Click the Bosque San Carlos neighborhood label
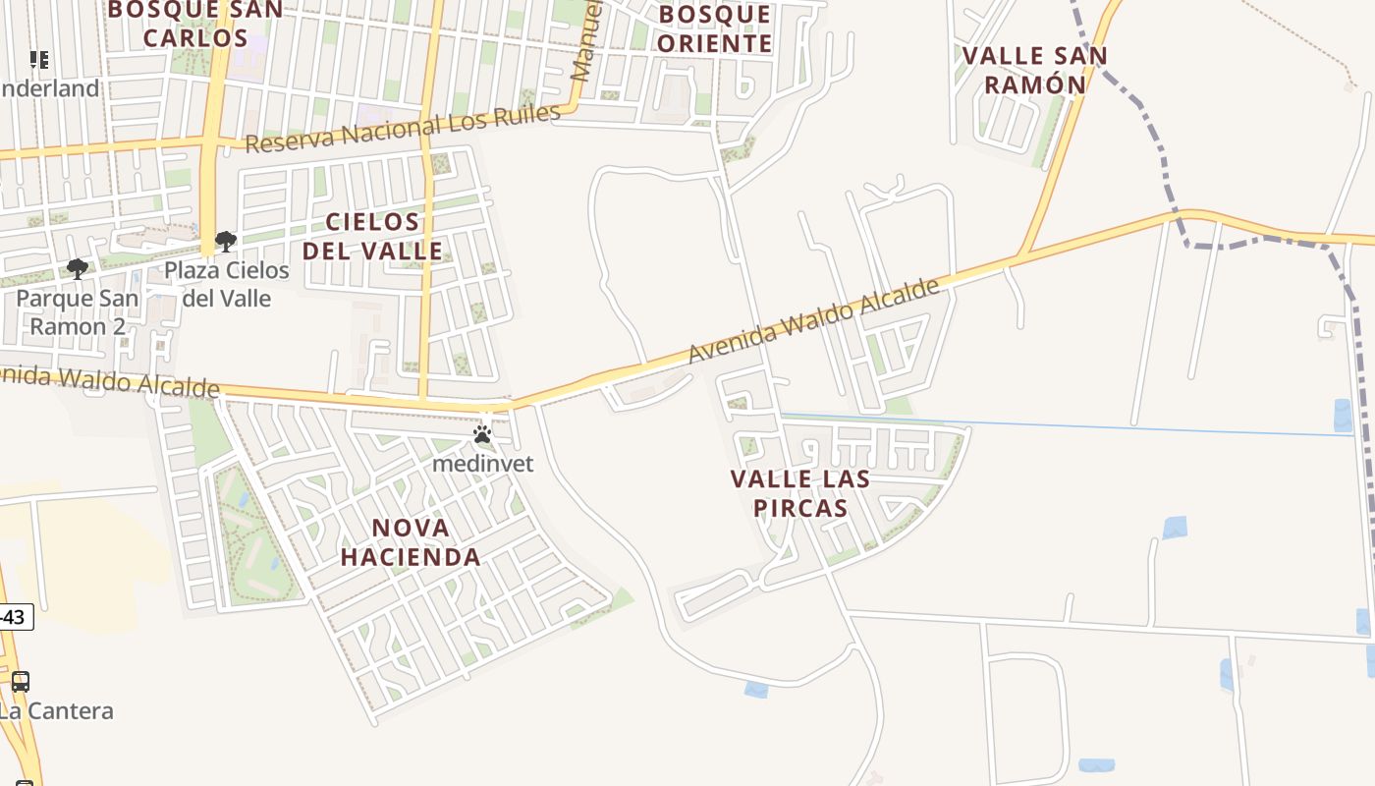click(x=195, y=24)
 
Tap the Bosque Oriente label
click(x=715, y=28)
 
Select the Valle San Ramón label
click(x=1034, y=70)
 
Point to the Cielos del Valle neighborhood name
click(x=373, y=236)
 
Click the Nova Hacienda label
click(x=411, y=542)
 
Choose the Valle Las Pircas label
click(x=800, y=493)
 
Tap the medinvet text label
click(x=483, y=463)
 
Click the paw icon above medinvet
click(x=482, y=434)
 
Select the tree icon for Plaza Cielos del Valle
click(x=226, y=241)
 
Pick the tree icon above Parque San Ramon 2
click(x=78, y=268)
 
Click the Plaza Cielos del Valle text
click(x=227, y=284)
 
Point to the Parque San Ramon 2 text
click(x=78, y=311)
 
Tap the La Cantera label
click(x=56, y=710)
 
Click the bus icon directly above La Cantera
click(x=21, y=681)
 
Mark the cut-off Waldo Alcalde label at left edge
click(x=108, y=381)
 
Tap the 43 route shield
click(x=15, y=617)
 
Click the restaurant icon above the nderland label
click(x=39, y=60)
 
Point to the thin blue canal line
click(x=1080, y=426)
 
